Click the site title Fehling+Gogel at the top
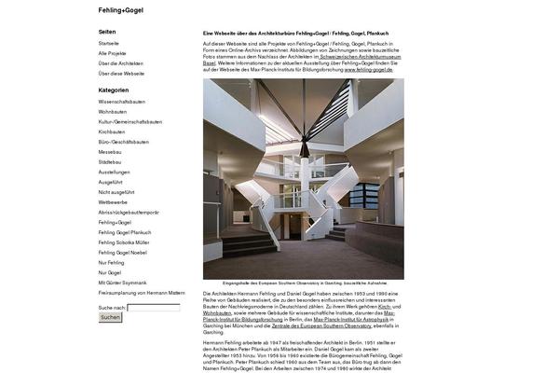pyautogui.click(x=121, y=10)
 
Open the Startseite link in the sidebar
pyautogui.click(x=109, y=43)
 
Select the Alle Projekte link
pyautogui.click(x=112, y=53)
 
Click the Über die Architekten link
pyautogui.click(x=121, y=62)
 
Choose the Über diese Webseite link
pyautogui.click(x=121, y=73)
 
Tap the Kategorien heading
pyautogui.click(x=114, y=90)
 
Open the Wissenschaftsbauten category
pyautogui.click(x=122, y=102)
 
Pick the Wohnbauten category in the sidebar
pyautogui.click(x=114, y=111)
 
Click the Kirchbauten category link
pyautogui.click(x=112, y=131)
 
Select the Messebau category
pyautogui.click(x=110, y=151)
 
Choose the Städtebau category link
pyautogui.click(x=111, y=161)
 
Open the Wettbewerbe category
pyautogui.click(x=114, y=201)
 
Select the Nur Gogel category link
pyautogui.click(x=110, y=272)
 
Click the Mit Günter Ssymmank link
pyautogui.click(x=122, y=283)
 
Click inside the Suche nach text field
pyautogui.click(x=154, y=307)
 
